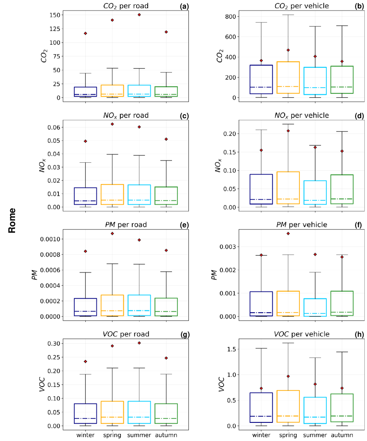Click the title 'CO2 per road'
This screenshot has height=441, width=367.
coord(126,6)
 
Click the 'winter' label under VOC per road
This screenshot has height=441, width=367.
coord(85,435)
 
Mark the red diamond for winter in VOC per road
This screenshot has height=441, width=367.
coord(85,361)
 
